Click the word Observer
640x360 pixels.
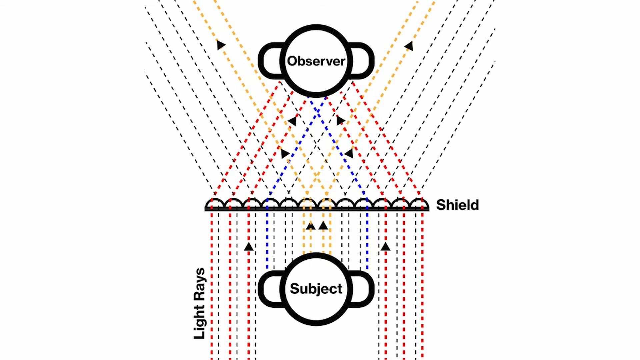click(x=316, y=61)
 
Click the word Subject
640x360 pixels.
click(x=316, y=289)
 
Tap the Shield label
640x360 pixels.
click(x=457, y=205)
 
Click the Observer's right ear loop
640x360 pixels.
click(x=363, y=61)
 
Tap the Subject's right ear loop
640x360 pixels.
click(x=363, y=289)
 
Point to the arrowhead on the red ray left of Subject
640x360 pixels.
click(x=249, y=247)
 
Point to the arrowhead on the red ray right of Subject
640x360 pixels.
click(x=386, y=247)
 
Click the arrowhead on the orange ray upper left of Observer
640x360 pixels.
click(x=220, y=44)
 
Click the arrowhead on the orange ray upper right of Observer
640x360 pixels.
click(x=409, y=46)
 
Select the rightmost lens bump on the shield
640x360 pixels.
click(x=419, y=203)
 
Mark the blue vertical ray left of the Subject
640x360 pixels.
click(x=267, y=240)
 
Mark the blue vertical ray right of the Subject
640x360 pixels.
click(x=367, y=240)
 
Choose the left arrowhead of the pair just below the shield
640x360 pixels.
click(x=311, y=226)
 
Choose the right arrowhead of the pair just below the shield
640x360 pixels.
click(x=323, y=226)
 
